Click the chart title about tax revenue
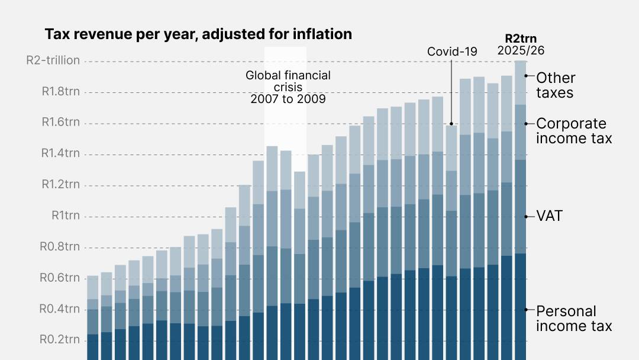point(198,34)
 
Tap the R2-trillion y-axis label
point(53,61)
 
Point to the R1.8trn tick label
point(60,92)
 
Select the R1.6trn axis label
point(60,123)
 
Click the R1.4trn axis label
point(60,153)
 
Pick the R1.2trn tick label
point(60,184)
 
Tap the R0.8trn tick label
point(60,246)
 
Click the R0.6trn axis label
point(60,278)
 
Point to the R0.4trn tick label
point(60,308)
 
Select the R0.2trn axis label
point(60,340)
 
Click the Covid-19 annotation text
point(452,52)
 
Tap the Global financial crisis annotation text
point(288,87)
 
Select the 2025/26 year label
point(521,50)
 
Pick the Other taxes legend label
point(555,85)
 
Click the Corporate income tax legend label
point(571,131)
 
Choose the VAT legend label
point(549,216)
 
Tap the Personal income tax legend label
point(574,319)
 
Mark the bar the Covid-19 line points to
point(451,237)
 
